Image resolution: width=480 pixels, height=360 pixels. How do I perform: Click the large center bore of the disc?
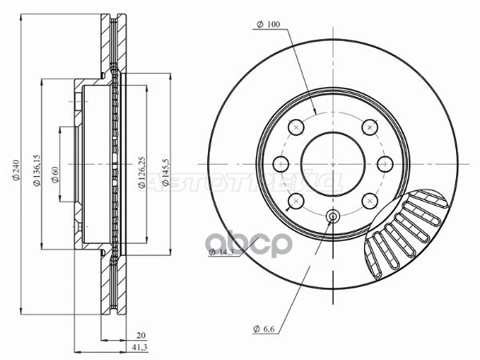[333, 163]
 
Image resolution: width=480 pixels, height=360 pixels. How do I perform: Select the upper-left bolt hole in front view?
[296, 126]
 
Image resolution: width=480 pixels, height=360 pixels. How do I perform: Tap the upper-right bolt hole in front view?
[369, 126]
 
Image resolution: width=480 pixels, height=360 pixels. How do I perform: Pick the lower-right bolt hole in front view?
[369, 200]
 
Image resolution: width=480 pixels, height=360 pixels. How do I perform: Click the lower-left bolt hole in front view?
[296, 200]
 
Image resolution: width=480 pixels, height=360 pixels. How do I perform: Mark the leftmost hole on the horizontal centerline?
[280, 163]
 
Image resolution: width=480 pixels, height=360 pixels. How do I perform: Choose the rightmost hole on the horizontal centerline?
[385, 163]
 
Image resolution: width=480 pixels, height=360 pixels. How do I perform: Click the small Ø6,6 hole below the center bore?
[333, 215]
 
